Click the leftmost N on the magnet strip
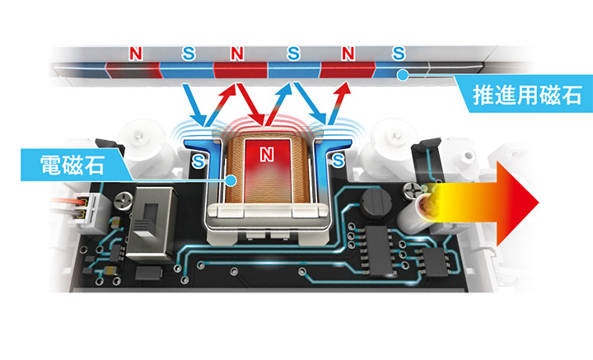pyautogui.click(x=137, y=54)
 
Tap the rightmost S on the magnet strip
pyautogui.click(x=399, y=54)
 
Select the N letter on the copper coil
pyautogui.click(x=265, y=153)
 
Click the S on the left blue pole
pyautogui.click(x=198, y=163)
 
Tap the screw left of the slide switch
pyautogui.click(x=122, y=200)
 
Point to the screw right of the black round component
pyautogui.click(x=409, y=191)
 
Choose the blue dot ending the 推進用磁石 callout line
pyautogui.click(x=403, y=76)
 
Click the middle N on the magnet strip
pyautogui.click(x=237, y=54)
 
